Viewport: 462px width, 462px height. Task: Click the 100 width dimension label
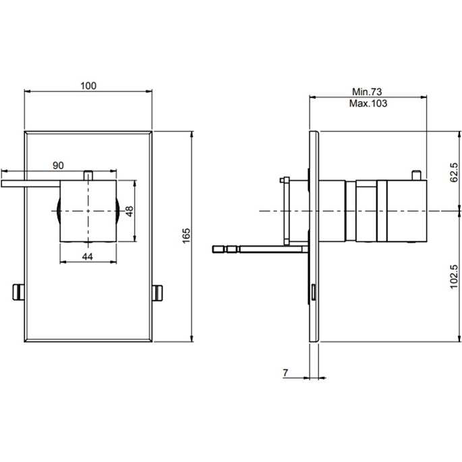click(88, 86)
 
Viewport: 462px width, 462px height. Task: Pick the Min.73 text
click(368, 92)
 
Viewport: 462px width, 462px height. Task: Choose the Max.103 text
click(368, 103)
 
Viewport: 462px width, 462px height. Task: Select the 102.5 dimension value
click(454, 277)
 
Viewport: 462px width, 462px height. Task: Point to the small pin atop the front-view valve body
click(88, 175)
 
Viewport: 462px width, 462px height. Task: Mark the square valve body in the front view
click(89, 210)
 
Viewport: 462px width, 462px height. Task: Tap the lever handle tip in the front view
click(7, 183)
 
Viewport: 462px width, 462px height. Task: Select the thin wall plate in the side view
click(314, 236)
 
